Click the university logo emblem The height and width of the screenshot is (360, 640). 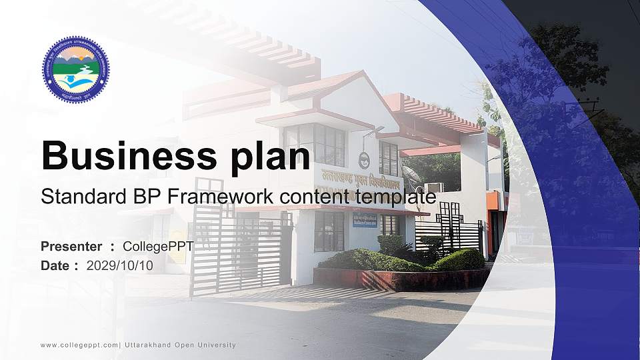(76, 69)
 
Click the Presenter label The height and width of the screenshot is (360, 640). (71, 247)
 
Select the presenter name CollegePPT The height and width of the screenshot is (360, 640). (158, 247)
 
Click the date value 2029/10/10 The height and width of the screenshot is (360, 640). (120, 265)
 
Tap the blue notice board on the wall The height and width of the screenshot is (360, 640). (365, 220)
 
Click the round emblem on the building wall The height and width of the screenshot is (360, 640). (364, 161)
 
